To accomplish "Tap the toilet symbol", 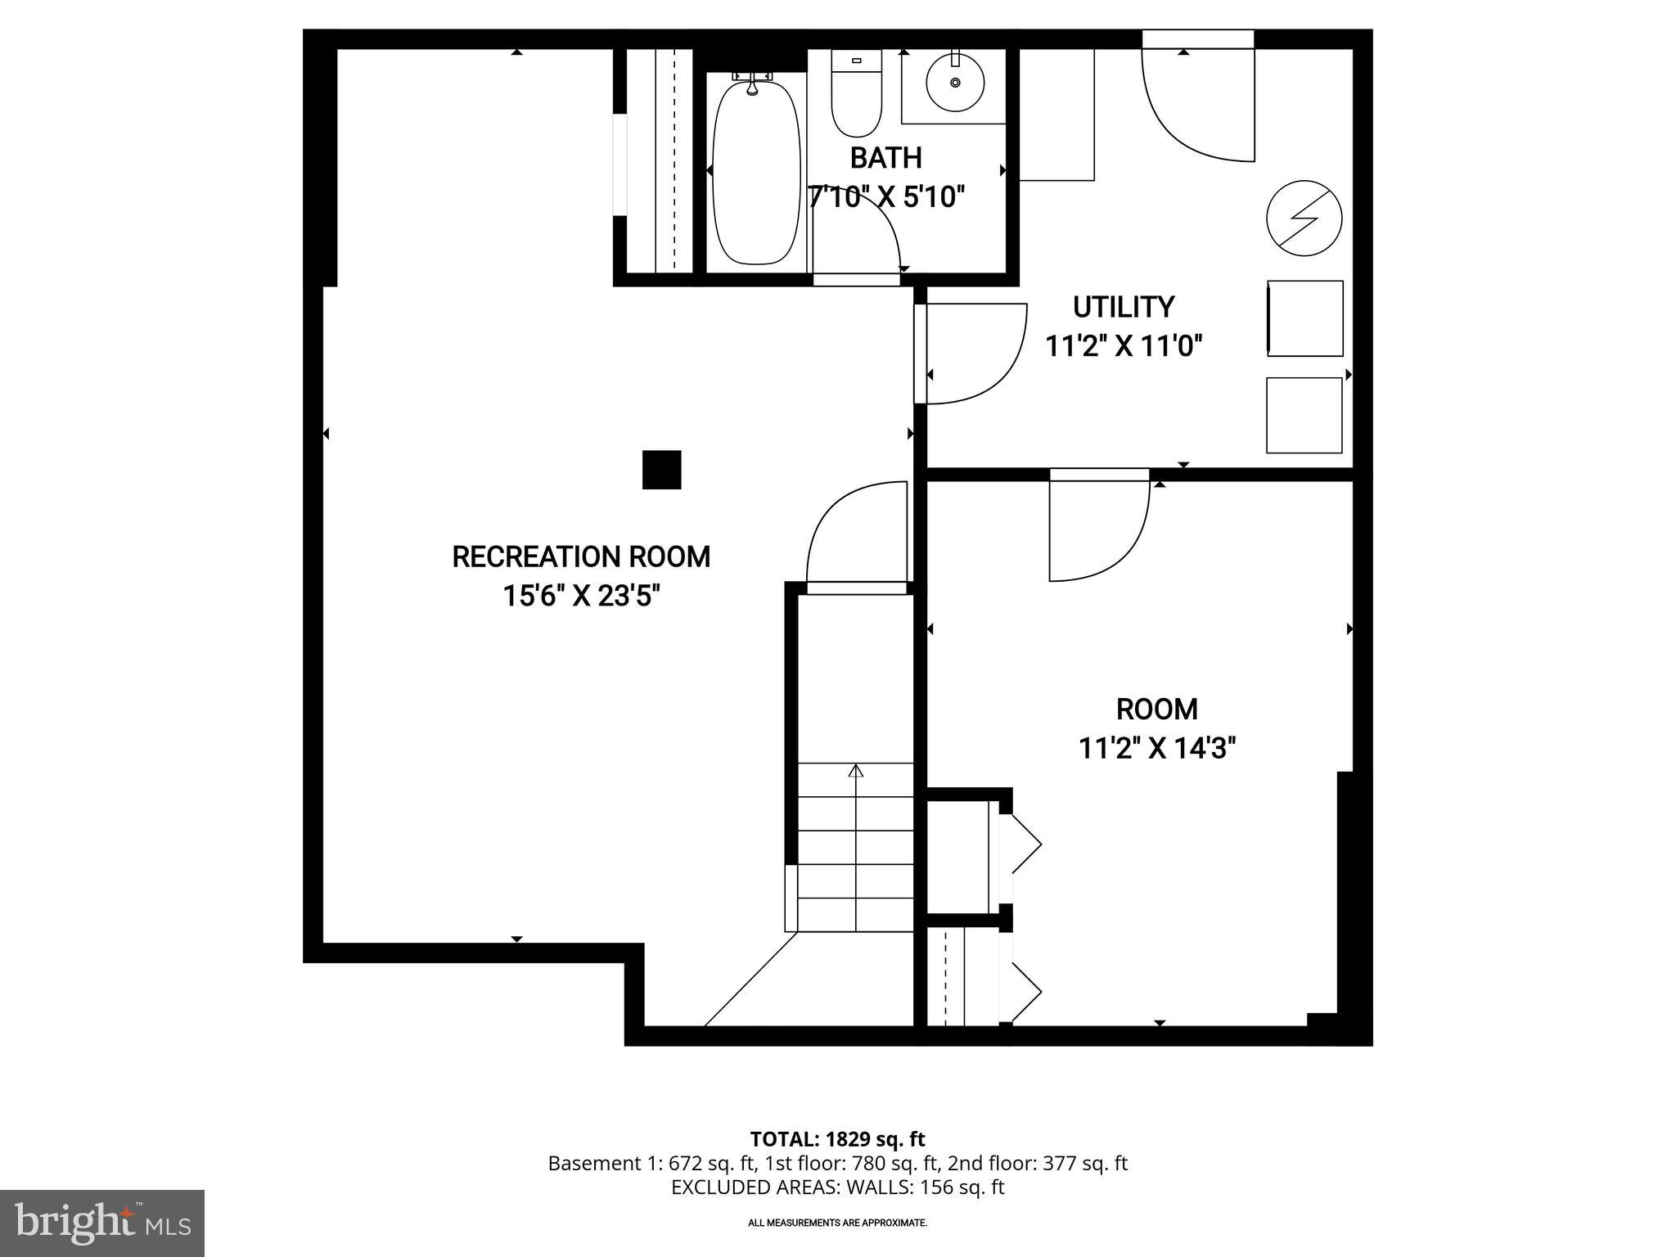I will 856,94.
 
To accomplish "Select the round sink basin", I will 955,83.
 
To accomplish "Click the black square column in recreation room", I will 661,470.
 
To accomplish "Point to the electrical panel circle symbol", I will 1304,219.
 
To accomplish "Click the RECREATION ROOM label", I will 581,556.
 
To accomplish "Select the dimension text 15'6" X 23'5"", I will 581,597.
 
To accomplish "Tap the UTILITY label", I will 1124,307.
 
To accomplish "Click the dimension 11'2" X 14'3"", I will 1156,748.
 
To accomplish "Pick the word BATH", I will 885,157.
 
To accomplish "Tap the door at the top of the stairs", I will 858,536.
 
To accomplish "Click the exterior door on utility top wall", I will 1199,102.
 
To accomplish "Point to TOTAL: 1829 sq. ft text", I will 837,1139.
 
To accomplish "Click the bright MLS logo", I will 102,1223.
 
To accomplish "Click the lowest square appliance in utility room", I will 1304,415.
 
